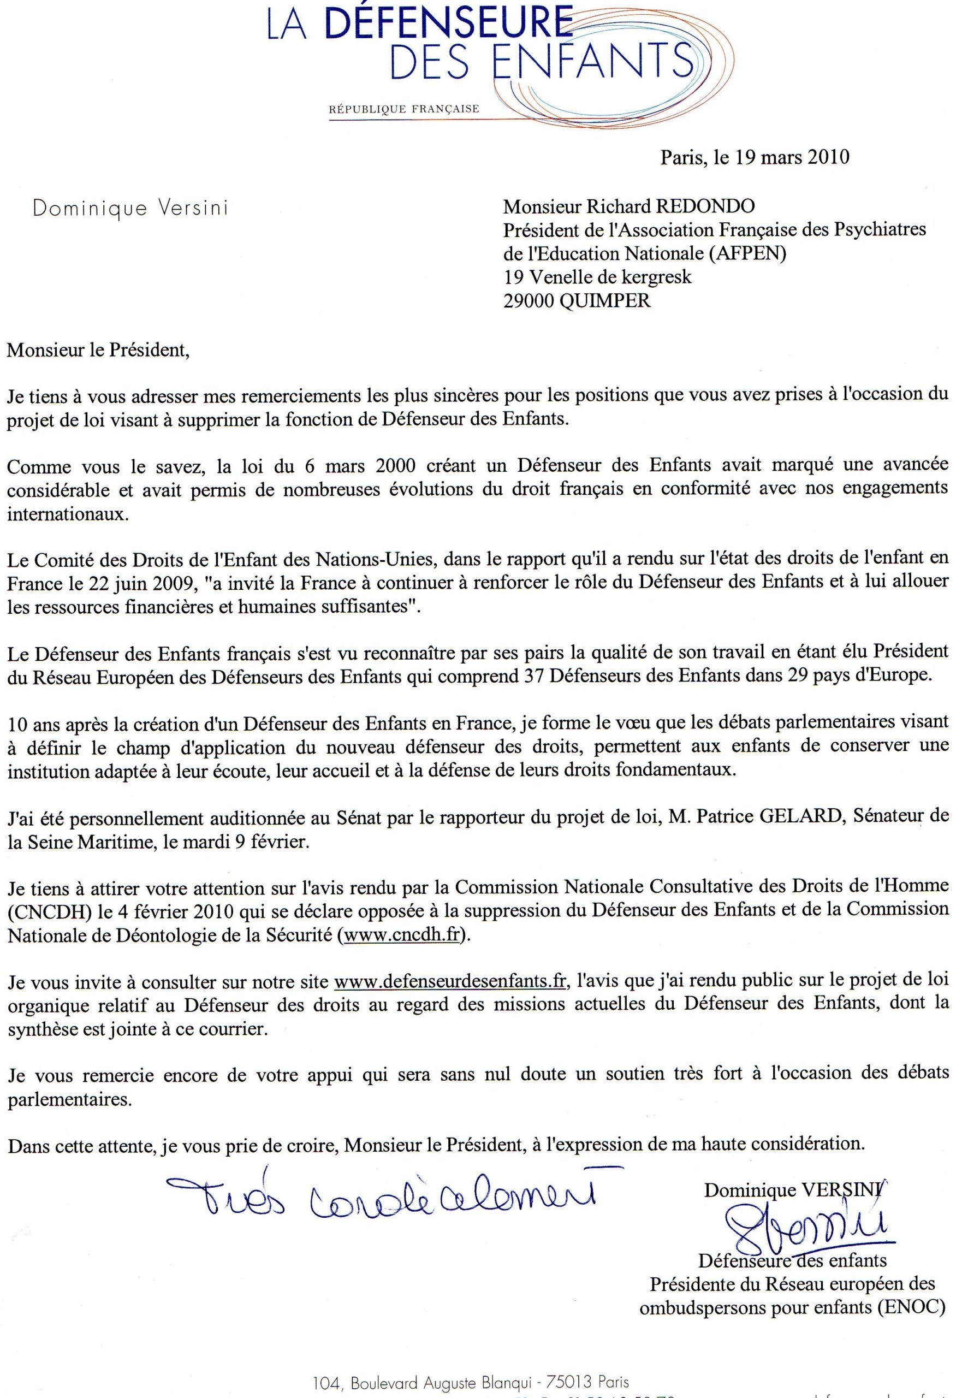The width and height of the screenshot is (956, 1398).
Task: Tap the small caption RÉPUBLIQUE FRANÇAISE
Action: pyautogui.click(x=403, y=109)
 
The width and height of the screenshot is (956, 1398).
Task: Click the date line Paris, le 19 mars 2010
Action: pyautogui.click(x=755, y=157)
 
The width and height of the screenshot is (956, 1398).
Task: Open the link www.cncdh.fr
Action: pyautogui.click(x=402, y=935)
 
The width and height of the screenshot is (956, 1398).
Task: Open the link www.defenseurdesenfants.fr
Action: pyautogui.click(x=450, y=981)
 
